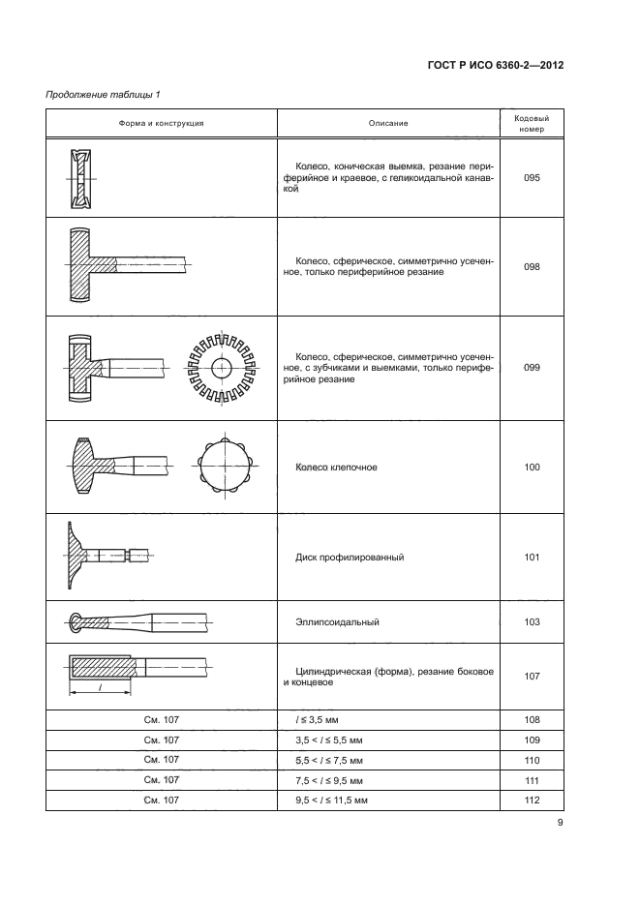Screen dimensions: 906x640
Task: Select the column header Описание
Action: coord(387,123)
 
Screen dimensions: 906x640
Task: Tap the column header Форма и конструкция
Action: coord(162,123)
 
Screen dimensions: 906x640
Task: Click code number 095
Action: coord(531,178)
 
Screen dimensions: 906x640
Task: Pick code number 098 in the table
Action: coord(531,266)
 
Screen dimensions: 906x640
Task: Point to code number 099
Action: coord(531,368)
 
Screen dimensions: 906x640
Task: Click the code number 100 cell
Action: coord(531,468)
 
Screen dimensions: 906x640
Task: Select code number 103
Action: coord(531,622)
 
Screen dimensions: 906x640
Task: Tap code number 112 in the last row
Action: coord(531,800)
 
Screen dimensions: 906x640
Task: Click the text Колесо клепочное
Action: coord(336,468)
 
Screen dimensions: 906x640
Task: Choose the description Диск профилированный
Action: coord(349,558)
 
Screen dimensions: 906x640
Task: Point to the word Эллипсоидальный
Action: coord(336,622)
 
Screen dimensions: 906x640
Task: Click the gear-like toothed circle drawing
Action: coord(222,368)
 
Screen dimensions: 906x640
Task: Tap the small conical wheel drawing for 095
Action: coord(82,178)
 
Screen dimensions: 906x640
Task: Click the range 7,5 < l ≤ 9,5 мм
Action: coord(334,780)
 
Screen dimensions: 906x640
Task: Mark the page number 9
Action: coord(560,824)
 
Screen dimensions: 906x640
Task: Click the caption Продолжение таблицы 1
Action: coord(104,94)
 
